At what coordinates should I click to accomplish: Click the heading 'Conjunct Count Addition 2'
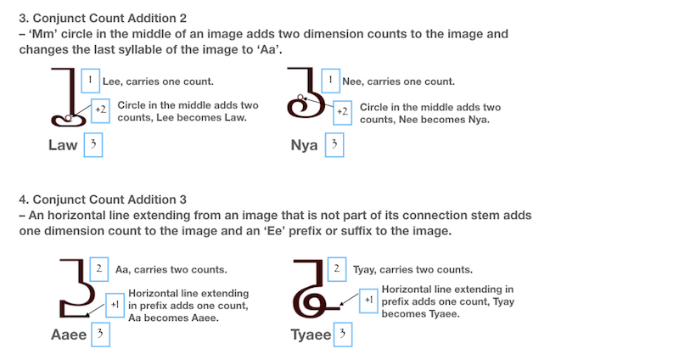(109, 18)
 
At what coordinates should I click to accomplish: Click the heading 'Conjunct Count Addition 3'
(109, 200)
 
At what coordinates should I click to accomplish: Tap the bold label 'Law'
(63, 145)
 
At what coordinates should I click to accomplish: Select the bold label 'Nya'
(304, 145)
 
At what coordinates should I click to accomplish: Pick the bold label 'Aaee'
(69, 335)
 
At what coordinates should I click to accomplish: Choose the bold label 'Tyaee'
(311, 335)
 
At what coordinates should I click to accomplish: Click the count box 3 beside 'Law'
(93, 144)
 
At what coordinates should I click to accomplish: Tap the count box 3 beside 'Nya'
(334, 144)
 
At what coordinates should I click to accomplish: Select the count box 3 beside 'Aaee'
(100, 334)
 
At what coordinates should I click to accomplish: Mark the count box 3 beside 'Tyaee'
(343, 334)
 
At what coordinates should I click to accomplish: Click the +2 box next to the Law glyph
(100, 110)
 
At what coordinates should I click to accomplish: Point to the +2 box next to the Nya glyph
(343, 113)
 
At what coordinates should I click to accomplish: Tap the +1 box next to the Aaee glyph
(115, 305)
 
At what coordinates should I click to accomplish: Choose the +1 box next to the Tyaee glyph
(368, 301)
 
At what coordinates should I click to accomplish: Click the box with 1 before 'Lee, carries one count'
(91, 81)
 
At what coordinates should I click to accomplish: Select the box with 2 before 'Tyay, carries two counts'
(336, 269)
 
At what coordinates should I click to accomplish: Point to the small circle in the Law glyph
(69, 118)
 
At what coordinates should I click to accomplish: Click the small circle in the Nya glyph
(300, 98)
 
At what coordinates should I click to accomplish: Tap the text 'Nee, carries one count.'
(398, 82)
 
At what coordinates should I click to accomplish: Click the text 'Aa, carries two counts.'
(171, 269)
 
